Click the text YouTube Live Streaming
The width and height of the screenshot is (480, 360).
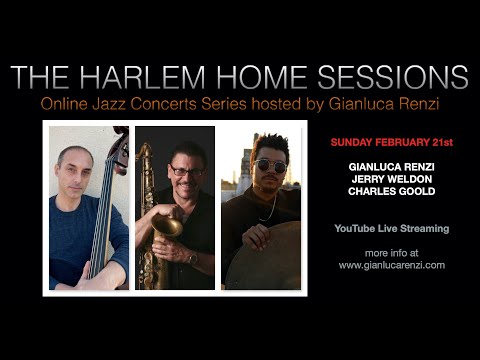pos(392,229)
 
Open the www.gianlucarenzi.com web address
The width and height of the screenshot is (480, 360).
pos(392,265)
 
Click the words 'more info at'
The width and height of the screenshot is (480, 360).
pos(392,252)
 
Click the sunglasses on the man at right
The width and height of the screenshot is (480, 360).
pos(269,165)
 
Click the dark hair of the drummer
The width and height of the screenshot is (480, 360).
pos(268,145)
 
